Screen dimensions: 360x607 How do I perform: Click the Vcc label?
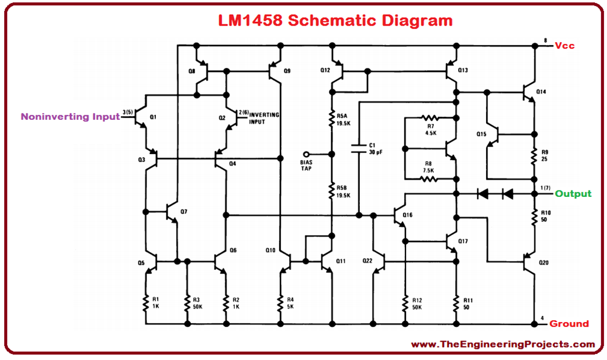point(565,46)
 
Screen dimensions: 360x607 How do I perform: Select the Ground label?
point(569,324)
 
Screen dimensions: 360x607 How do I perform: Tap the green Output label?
point(573,194)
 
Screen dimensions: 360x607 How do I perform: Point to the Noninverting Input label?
point(70,117)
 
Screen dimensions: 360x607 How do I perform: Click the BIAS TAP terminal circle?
point(306,152)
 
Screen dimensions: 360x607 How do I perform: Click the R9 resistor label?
point(544,157)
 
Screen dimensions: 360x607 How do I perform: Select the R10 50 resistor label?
point(545,215)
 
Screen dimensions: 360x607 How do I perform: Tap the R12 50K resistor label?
point(417,303)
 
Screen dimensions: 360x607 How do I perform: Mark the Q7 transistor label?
point(183,212)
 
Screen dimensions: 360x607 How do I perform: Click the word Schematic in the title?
point(331,21)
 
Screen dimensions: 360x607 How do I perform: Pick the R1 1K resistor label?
point(155,303)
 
